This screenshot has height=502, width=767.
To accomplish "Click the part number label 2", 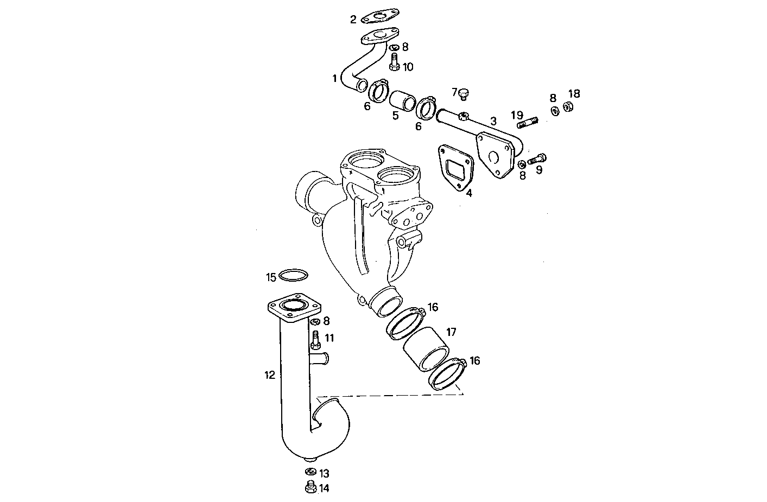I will click(x=353, y=20).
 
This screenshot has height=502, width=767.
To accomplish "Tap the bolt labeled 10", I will click(x=394, y=61).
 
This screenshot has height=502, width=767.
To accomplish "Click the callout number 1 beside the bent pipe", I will click(x=335, y=79).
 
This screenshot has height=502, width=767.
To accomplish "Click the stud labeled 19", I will click(x=528, y=124).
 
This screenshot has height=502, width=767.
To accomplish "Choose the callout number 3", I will click(x=493, y=122).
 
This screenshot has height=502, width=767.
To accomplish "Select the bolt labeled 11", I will click(x=315, y=340).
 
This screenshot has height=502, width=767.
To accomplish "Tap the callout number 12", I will click(x=270, y=375).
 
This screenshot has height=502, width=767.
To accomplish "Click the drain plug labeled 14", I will click(x=311, y=488).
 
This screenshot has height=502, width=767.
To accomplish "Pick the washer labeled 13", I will click(x=311, y=471).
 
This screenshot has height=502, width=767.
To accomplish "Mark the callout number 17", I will click(x=451, y=332).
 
